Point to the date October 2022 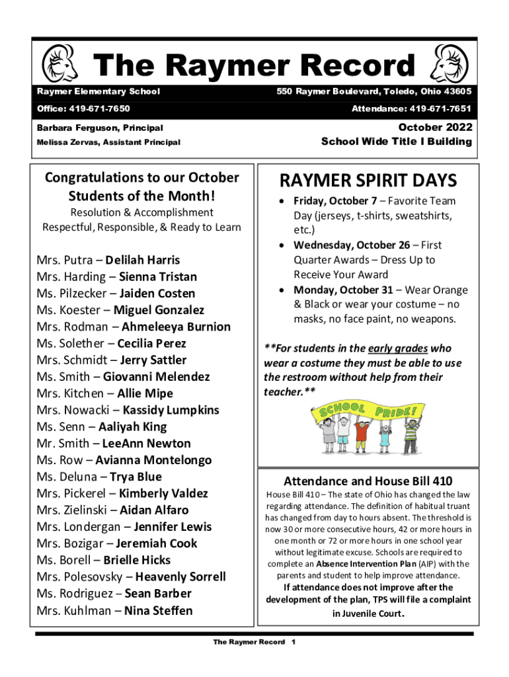pos(435,127)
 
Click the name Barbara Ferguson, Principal pos(100,128)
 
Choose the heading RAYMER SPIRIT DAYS pos(368,180)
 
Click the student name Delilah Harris pos(142,260)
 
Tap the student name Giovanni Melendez pos(156,377)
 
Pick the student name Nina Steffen pos(159,610)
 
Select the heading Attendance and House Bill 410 pos(368,481)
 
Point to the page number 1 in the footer pos(293,642)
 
